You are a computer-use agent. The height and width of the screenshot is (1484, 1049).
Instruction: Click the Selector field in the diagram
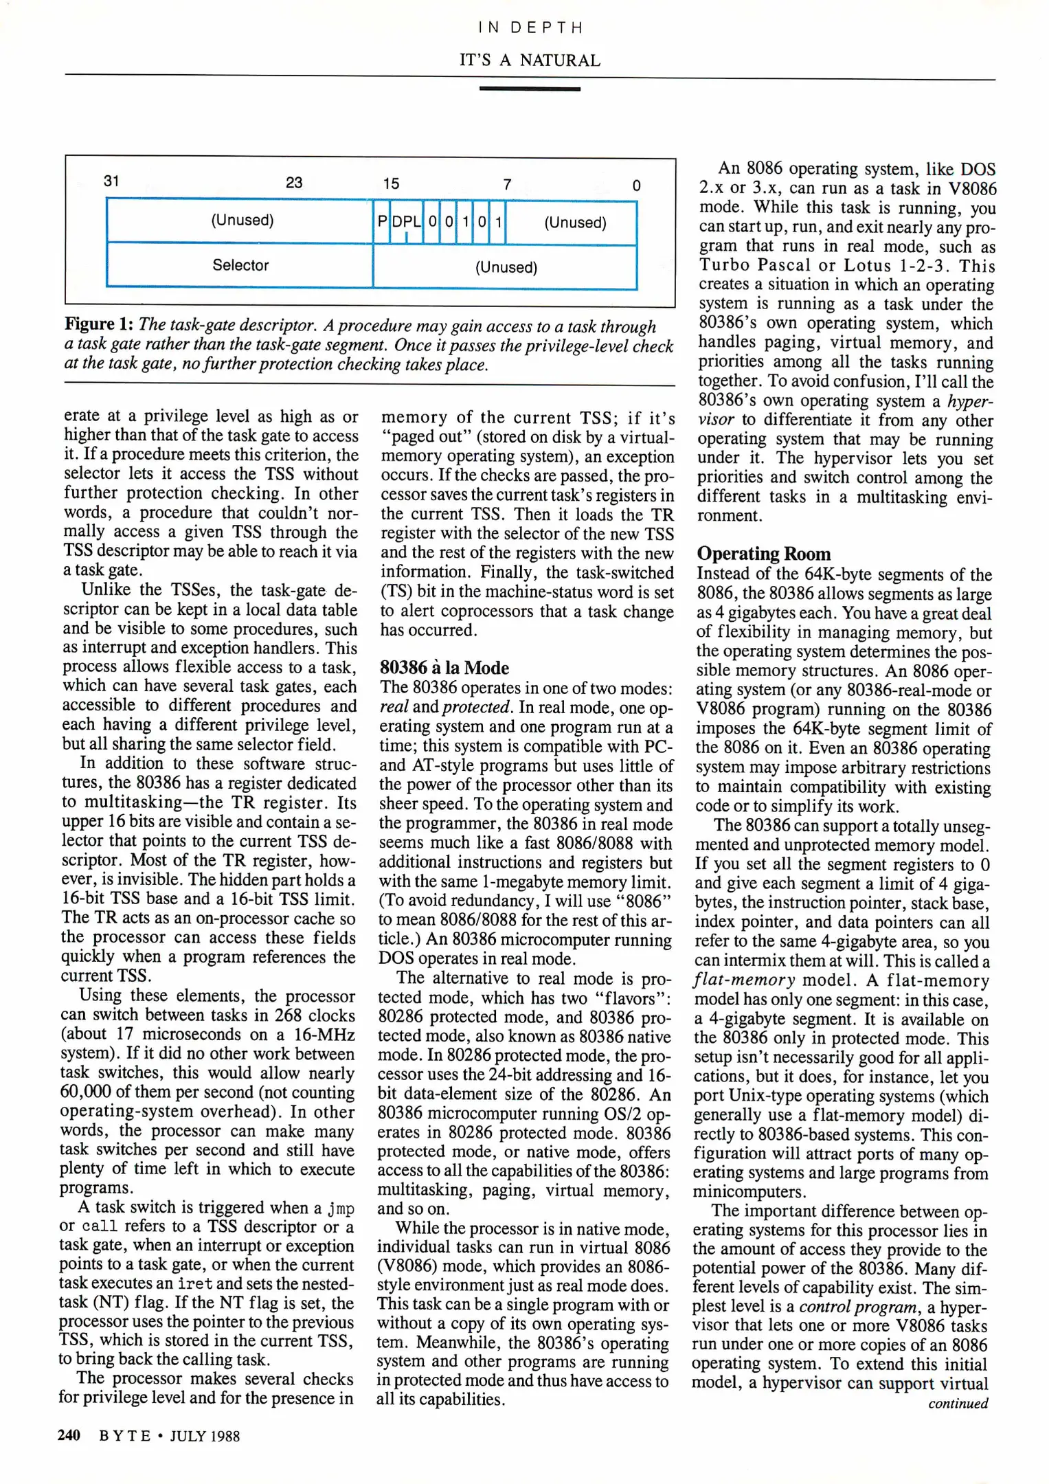pos(240,265)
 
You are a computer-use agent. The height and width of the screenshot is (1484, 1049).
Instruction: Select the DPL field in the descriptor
pos(406,221)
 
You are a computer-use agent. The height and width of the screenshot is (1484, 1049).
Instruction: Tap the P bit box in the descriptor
pos(382,221)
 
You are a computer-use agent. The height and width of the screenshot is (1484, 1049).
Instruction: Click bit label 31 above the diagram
pos(111,181)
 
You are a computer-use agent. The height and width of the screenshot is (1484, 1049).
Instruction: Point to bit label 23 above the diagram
pos(294,182)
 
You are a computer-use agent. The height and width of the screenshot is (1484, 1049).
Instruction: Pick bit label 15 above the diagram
pos(391,183)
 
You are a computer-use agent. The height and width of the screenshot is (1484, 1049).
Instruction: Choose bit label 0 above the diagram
pos(636,185)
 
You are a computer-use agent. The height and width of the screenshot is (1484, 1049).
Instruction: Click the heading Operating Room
pos(763,554)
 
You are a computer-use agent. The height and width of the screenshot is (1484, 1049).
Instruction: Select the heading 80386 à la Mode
pos(444,668)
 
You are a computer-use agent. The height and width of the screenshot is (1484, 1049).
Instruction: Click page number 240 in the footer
pos(69,1435)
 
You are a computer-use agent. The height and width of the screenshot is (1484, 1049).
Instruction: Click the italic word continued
pos(958,1404)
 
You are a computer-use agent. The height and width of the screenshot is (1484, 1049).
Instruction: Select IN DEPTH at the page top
pos(530,27)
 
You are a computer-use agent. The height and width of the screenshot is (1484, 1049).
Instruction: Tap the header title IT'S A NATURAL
pos(530,60)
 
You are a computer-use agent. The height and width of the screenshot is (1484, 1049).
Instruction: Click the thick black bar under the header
pos(530,89)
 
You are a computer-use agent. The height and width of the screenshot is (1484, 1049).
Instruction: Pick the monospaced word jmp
pos(341,1208)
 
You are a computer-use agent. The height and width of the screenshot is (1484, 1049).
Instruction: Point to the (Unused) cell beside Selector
pos(506,267)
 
